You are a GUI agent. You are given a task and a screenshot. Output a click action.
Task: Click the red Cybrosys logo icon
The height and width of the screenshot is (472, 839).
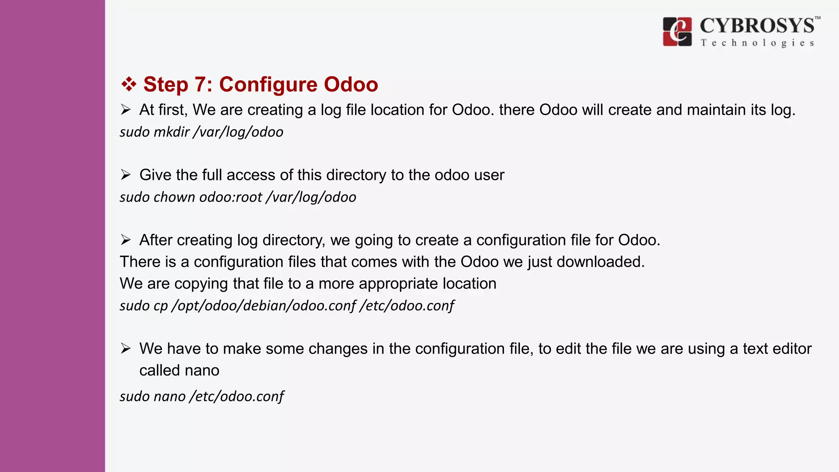[677, 32]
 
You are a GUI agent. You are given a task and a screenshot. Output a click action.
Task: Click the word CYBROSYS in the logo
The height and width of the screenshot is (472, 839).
[757, 26]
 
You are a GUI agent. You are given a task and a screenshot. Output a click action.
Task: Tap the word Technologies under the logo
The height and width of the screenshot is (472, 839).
[757, 43]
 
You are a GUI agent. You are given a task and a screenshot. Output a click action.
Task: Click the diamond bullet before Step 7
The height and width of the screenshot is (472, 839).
[129, 84]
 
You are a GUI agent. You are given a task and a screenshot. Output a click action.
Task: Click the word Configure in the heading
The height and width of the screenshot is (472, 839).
[268, 84]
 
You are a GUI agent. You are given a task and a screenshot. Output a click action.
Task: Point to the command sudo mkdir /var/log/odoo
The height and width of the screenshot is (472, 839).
[201, 132]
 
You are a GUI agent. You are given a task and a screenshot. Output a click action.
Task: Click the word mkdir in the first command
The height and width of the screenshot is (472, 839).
[171, 132]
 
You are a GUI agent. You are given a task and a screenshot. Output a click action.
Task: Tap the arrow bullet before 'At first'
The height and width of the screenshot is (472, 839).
[125, 110]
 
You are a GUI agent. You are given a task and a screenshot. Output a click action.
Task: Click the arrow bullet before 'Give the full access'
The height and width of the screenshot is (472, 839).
[125, 175]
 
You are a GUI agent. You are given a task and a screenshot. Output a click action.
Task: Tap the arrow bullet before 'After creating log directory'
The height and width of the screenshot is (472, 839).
[125, 240]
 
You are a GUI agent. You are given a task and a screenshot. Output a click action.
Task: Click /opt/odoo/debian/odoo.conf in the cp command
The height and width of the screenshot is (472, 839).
[264, 306]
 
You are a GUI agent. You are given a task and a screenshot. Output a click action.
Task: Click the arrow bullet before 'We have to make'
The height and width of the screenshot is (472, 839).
[125, 349]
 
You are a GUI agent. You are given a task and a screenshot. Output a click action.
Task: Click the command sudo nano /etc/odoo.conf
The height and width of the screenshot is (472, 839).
[201, 396]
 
